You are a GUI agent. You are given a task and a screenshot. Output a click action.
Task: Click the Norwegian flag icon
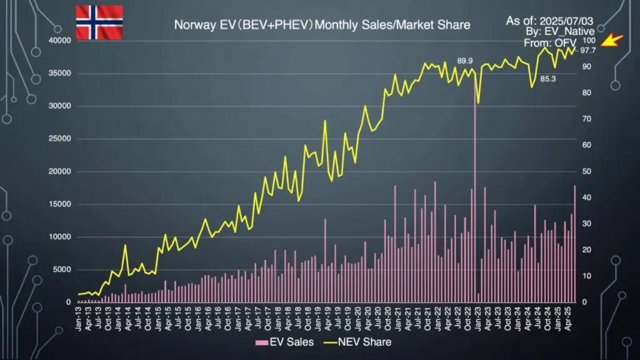pyautogui.click(x=99, y=22)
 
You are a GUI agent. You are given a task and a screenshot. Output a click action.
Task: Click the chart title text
pyautogui.click(x=322, y=26)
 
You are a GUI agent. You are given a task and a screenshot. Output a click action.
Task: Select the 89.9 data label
pyautogui.click(x=465, y=61)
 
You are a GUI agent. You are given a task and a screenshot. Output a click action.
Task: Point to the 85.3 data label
pyautogui.click(x=548, y=79)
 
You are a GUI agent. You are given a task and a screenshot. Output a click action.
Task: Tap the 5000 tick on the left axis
pyautogui.click(x=62, y=269)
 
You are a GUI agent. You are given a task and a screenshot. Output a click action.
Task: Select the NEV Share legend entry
pyautogui.click(x=359, y=342)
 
